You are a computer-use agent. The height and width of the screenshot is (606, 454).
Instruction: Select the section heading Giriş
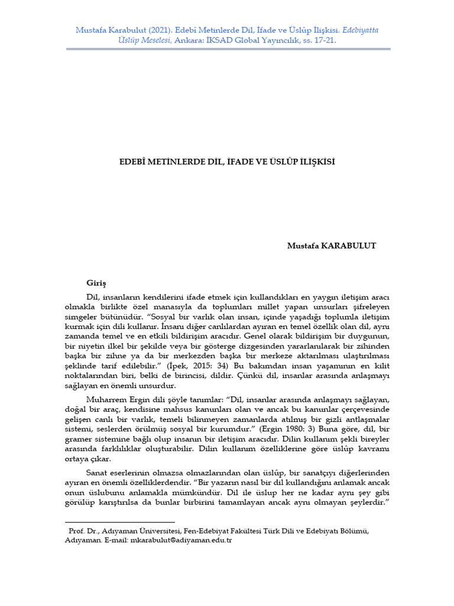tap(96, 283)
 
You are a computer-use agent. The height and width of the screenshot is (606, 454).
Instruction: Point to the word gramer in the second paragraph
tap(79, 439)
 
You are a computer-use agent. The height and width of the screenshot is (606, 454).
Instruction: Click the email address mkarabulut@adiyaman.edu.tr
tap(181, 541)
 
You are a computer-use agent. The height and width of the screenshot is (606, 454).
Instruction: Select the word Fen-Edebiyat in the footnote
tap(201, 531)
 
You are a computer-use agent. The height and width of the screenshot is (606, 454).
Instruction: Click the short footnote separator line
tap(112, 522)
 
